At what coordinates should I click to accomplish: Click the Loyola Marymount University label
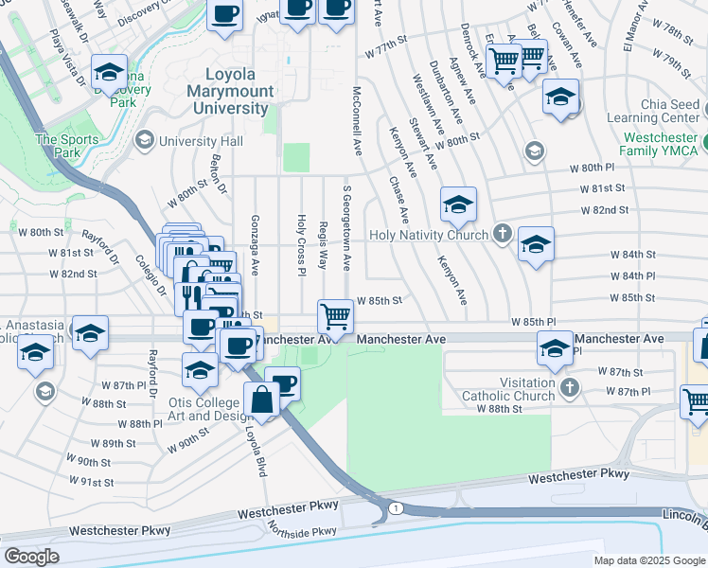[240, 91]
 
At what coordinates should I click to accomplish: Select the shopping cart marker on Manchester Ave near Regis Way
[335, 315]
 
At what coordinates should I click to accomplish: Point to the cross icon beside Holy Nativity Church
[502, 234]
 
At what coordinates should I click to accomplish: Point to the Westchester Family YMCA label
[659, 144]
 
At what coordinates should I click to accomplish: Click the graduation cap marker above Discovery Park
[110, 72]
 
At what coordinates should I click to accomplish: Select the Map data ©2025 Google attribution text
[648, 560]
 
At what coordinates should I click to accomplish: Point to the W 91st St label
[92, 482]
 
